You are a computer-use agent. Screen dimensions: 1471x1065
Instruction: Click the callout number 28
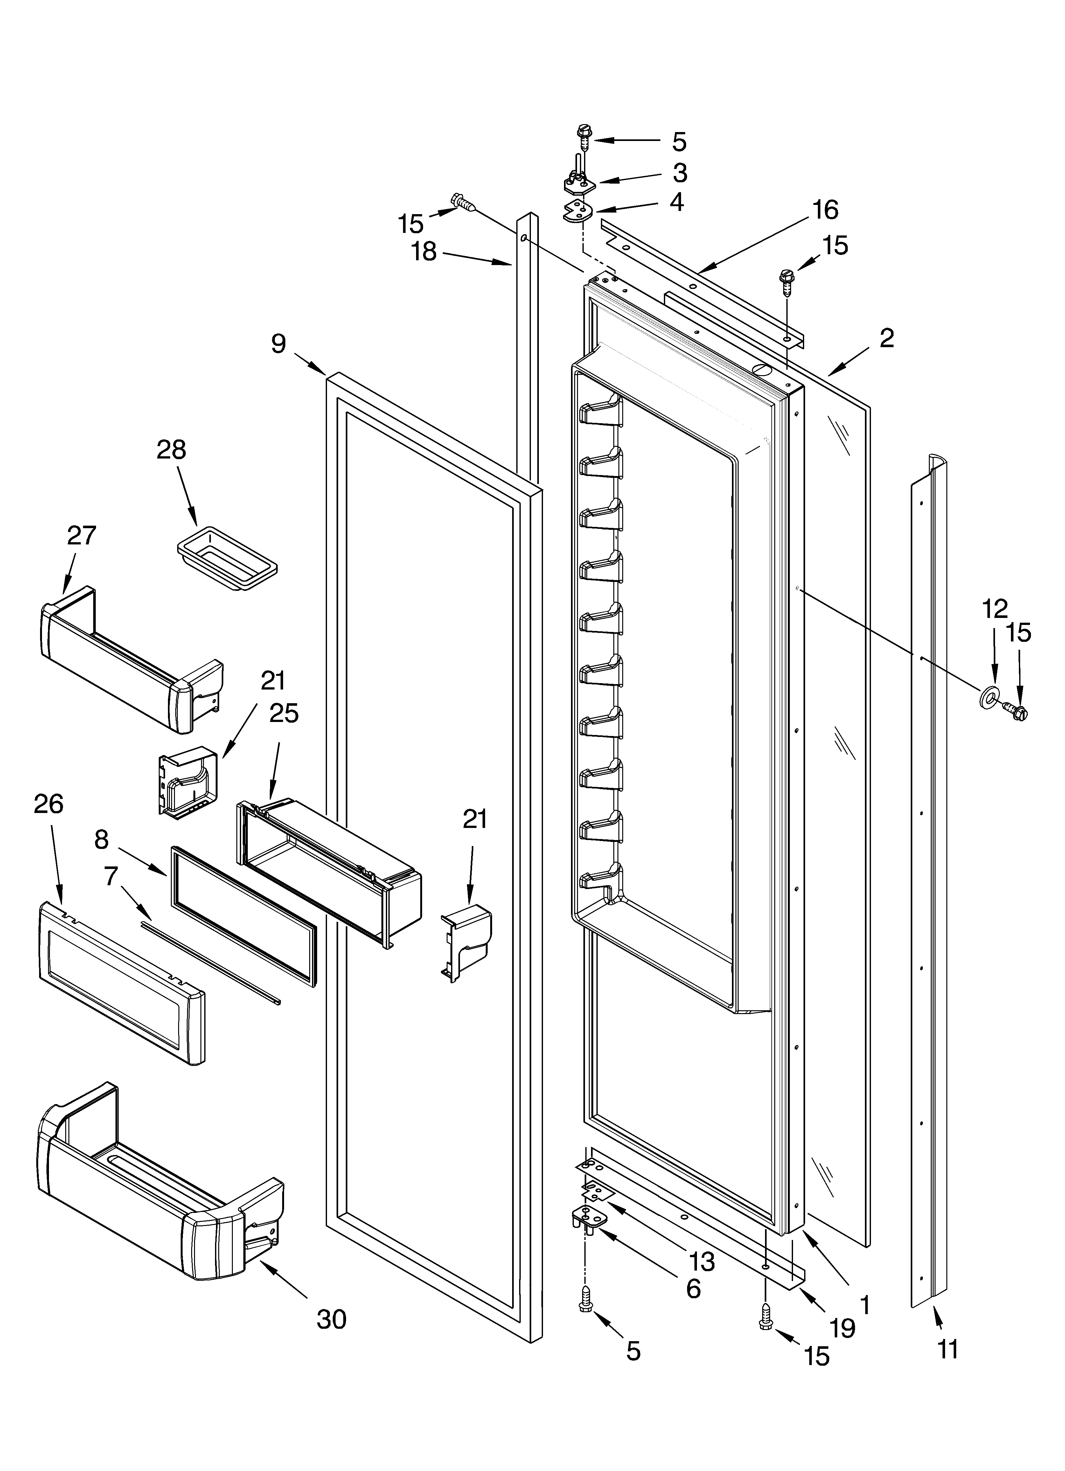coord(171,450)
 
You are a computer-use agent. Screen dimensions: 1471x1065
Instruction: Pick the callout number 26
coord(49,804)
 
